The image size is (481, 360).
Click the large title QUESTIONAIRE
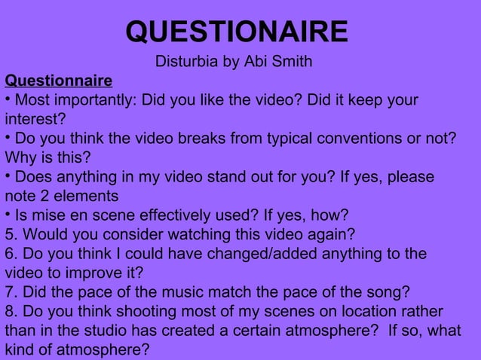point(237,32)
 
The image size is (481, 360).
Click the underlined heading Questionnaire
point(58,81)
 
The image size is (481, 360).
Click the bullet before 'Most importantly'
point(8,99)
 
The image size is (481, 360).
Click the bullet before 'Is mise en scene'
point(8,214)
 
